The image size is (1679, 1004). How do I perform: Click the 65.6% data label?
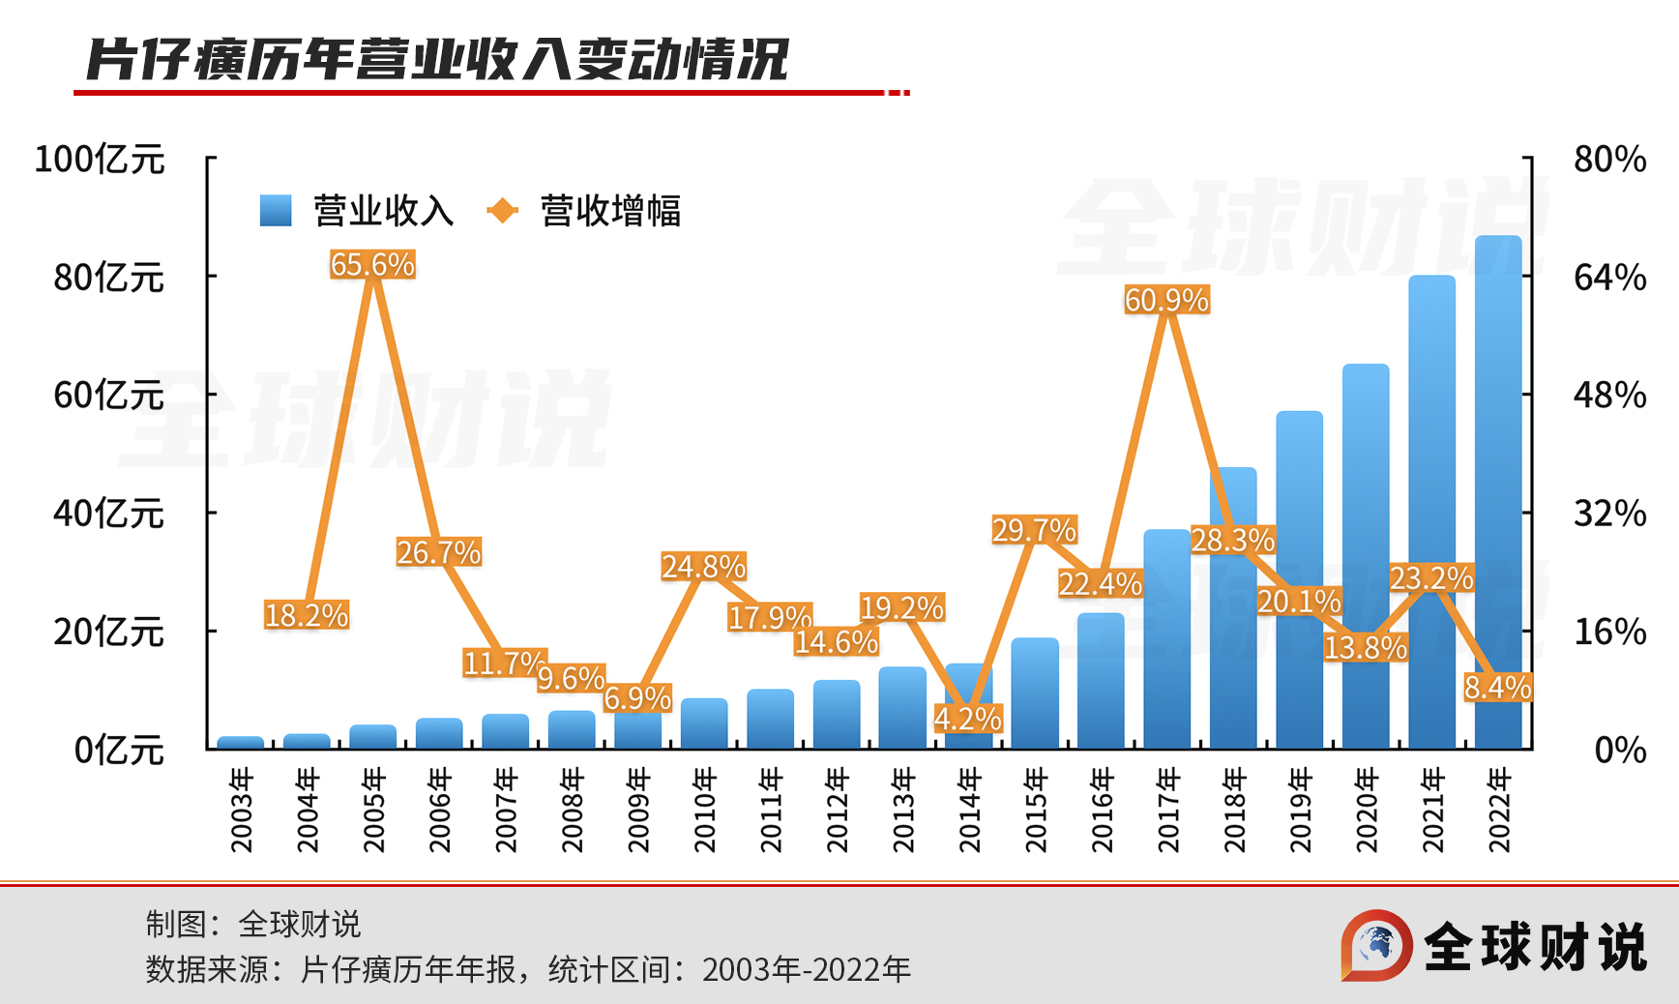pyautogui.click(x=372, y=264)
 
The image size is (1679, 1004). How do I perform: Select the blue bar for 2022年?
pyautogui.click(x=1498, y=484)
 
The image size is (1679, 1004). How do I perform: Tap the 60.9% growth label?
pyautogui.click(x=1166, y=300)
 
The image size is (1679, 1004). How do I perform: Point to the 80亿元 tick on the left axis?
pyautogui.click(x=108, y=278)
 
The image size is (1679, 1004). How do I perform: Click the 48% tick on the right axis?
pyautogui.click(x=1609, y=395)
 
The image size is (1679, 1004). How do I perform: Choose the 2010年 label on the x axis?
pyautogui.click(x=705, y=810)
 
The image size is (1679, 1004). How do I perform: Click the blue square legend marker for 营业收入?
pyautogui.click(x=276, y=211)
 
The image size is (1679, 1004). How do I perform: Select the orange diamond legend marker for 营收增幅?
pyautogui.click(x=502, y=211)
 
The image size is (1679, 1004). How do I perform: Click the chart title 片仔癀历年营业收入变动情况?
pyautogui.click(x=437, y=60)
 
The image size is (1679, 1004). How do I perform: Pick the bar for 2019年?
pyautogui.click(x=1299, y=580)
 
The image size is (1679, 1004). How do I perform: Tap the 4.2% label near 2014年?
pyautogui.click(x=967, y=718)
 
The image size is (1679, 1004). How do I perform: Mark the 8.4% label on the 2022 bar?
pyautogui.click(x=1497, y=688)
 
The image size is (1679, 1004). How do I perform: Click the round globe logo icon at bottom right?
pyautogui.click(x=1376, y=945)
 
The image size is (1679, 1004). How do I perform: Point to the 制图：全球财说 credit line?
pyautogui.click(x=252, y=924)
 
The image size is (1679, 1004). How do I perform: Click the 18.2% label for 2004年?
pyautogui.click(x=306, y=614)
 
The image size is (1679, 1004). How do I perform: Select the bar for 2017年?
pyautogui.click(x=1166, y=638)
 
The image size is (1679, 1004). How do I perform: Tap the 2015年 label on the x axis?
pyautogui.click(x=1036, y=810)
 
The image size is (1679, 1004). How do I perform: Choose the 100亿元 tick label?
pyautogui.click(x=99, y=160)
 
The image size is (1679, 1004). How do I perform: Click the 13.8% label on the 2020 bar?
pyautogui.click(x=1365, y=647)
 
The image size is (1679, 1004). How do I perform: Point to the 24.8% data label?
pyautogui.click(x=703, y=566)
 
